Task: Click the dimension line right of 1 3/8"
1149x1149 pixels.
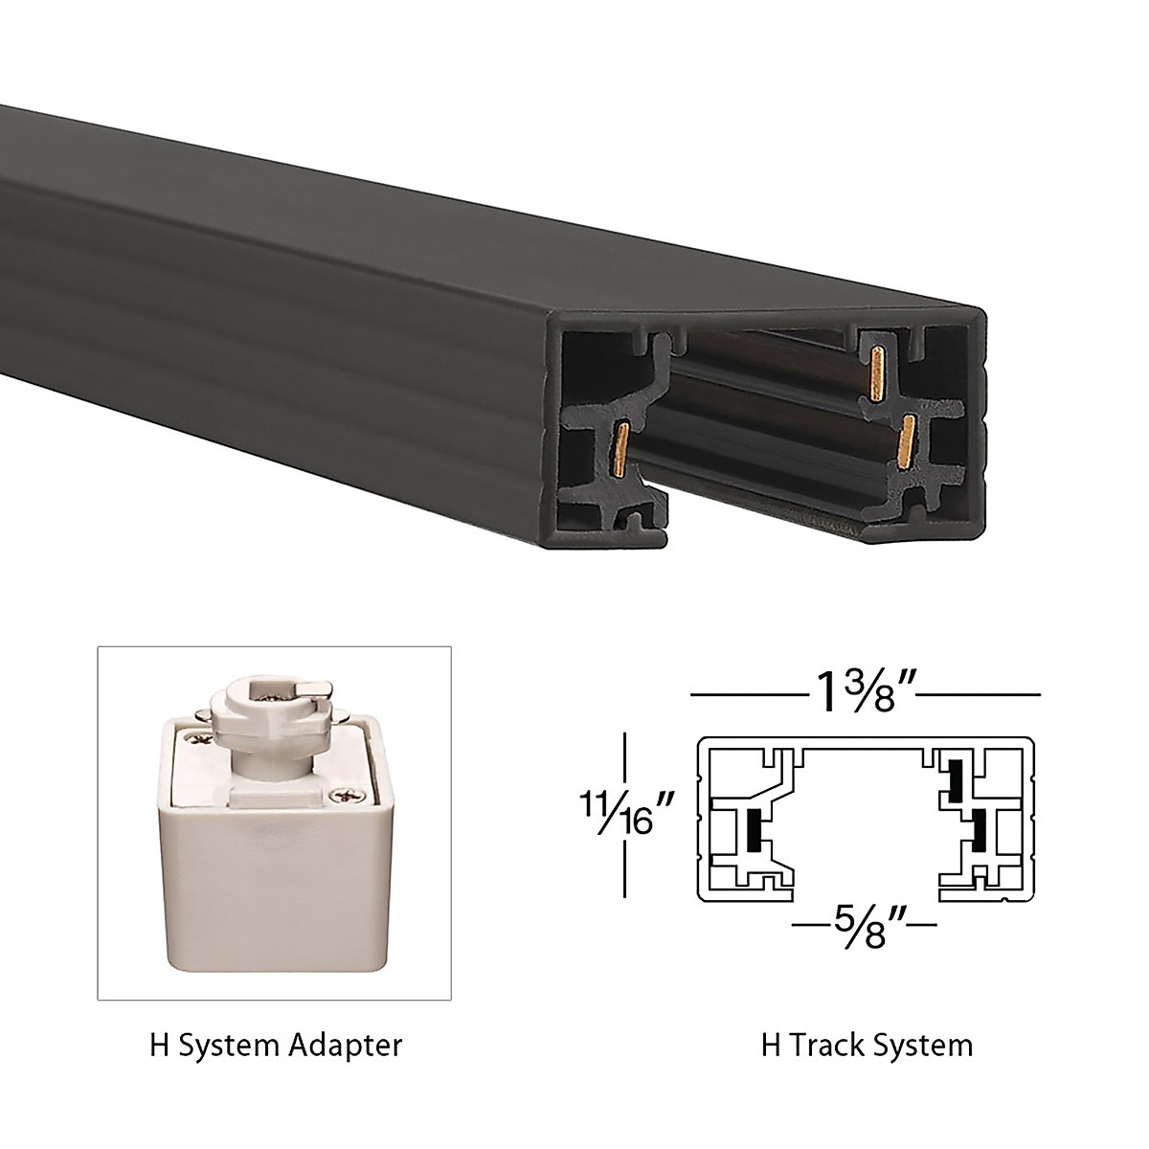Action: [x=985, y=692]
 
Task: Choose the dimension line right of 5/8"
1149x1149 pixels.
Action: [x=921, y=926]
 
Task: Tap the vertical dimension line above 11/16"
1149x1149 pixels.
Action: [x=625, y=756]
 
